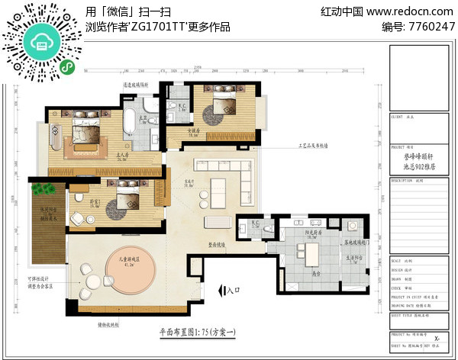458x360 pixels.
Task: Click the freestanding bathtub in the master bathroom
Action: pos(130,120)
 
